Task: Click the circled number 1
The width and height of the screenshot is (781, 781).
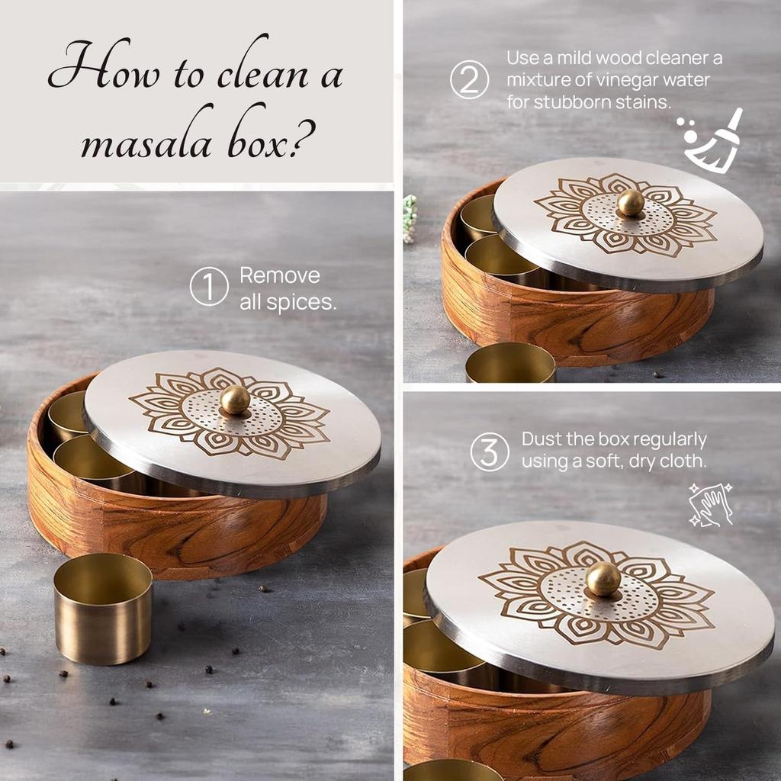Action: pyautogui.click(x=209, y=288)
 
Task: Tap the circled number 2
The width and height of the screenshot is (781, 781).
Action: pyautogui.click(x=469, y=80)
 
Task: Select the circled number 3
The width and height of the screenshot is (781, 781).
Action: pyautogui.click(x=489, y=452)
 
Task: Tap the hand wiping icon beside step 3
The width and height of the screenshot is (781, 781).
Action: pyautogui.click(x=710, y=504)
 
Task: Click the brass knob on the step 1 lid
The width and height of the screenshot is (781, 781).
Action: pyautogui.click(x=235, y=400)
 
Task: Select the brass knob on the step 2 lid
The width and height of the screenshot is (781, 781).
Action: pyautogui.click(x=631, y=203)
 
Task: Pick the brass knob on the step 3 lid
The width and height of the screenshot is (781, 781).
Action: pyautogui.click(x=603, y=579)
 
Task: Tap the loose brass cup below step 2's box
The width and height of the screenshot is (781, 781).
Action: pyautogui.click(x=510, y=364)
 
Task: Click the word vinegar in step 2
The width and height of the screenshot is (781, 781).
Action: pyautogui.click(x=633, y=80)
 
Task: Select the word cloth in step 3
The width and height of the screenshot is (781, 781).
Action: pyautogui.click(x=685, y=461)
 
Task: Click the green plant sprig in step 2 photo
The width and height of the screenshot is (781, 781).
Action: pyautogui.click(x=410, y=217)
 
